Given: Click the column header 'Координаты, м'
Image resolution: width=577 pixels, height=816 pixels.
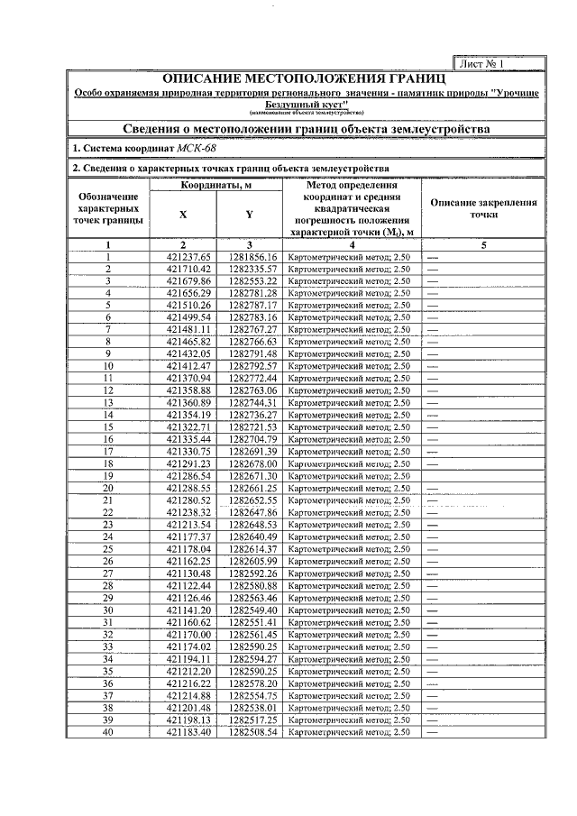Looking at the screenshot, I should pos(216,186).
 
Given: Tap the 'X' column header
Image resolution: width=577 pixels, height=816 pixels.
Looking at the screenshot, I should pos(183,215).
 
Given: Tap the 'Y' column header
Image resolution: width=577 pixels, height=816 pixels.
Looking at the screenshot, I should pos(250,215).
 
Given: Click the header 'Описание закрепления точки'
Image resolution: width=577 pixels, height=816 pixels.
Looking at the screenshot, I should pos(484,209).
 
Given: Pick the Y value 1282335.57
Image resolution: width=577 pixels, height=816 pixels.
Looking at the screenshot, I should pos(252,269).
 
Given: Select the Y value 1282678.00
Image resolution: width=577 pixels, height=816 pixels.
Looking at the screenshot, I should pos(252,463).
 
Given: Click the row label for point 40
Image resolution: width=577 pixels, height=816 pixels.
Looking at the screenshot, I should pos(108,731).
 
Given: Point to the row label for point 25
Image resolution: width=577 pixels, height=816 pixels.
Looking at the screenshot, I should pos(108,549).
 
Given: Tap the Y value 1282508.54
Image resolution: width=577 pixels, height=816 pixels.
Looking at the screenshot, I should pos(252,731).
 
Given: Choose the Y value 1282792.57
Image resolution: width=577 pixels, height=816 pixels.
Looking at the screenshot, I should pos(252,366).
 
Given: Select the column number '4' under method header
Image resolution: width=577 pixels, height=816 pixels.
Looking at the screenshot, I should pos(353,245).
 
